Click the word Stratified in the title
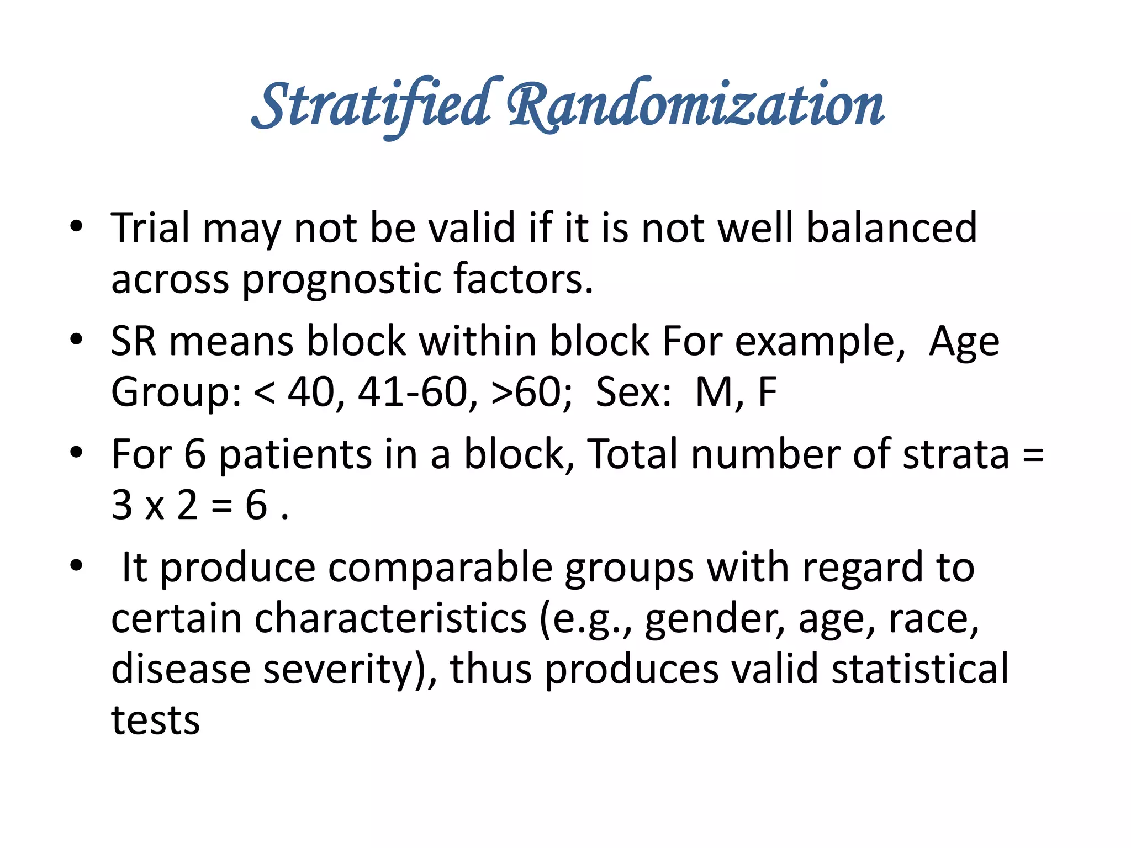371,105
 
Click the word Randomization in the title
696,105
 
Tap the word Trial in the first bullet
150,227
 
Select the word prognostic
341,279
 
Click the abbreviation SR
133,341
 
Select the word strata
956,454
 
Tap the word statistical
919,669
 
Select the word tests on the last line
155,720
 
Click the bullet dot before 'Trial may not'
76,226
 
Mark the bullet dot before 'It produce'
76,566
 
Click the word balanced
891,227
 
